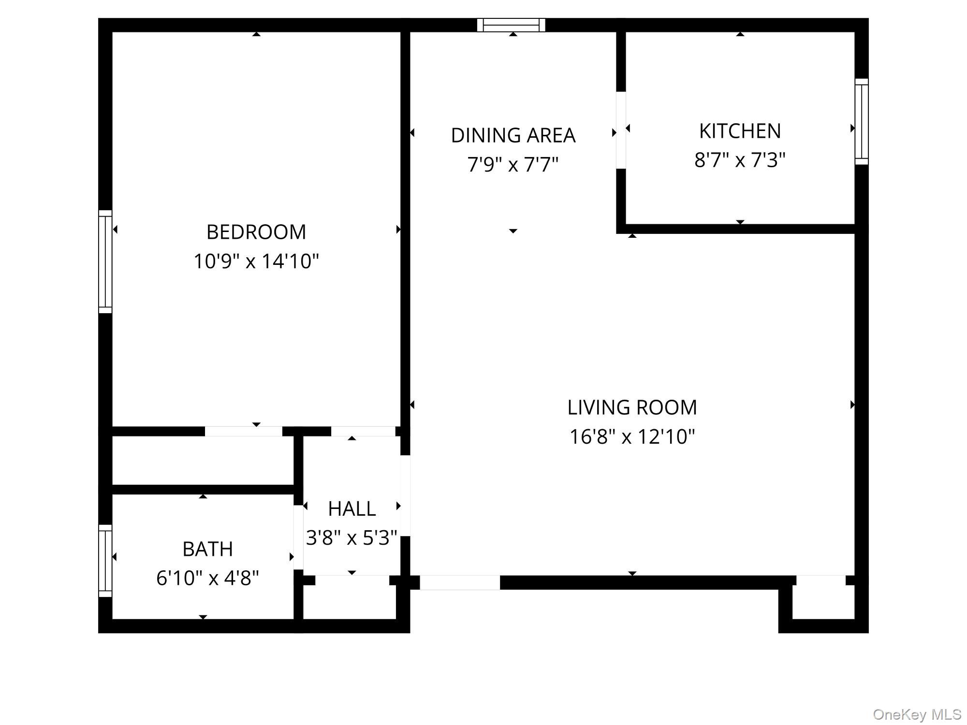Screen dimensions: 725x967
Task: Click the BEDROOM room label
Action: click(x=256, y=232)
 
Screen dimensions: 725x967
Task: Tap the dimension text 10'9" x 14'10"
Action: click(x=256, y=261)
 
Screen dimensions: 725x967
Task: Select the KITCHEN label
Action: click(x=740, y=131)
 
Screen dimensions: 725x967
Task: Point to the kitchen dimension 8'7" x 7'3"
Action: click(x=740, y=160)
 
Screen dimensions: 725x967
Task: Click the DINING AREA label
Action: click(x=513, y=135)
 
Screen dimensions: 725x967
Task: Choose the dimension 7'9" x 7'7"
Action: click(x=513, y=165)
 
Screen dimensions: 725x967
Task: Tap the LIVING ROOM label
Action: click(x=632, y=407)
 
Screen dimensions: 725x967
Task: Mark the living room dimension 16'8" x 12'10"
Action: click(x=632, y=437)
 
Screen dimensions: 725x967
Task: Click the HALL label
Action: click(x=352, y=508)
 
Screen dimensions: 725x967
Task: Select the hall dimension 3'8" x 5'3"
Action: click(x=352, y=537)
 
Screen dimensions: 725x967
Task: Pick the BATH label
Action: click(x=207, y=549)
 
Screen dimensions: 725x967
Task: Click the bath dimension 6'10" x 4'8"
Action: click(x=207, y=578)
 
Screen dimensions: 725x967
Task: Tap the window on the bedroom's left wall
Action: click(x=105, y=261)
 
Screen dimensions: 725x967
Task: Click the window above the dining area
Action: click(x=511, y=25)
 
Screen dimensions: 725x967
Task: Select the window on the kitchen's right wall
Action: click(x=862, y=121)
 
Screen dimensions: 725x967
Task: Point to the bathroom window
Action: click(x=105, y=561)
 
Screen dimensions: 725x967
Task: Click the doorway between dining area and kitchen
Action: click(x=621, y=130)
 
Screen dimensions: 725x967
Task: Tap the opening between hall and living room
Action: click(x=405, y=495)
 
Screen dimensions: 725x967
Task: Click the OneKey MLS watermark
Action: click(x=917, y=714)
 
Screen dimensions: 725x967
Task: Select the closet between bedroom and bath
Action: click(x=203, y=460)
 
